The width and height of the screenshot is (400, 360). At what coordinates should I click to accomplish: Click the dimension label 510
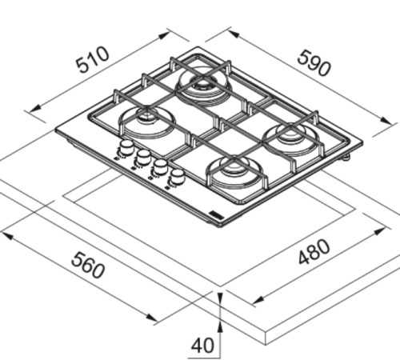92,60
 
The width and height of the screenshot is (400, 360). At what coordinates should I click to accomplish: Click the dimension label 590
314,63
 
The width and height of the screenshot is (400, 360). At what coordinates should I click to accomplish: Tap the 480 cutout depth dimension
314,252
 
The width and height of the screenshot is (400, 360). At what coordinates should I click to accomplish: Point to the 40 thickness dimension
202,346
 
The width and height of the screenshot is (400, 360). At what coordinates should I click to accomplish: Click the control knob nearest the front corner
177,174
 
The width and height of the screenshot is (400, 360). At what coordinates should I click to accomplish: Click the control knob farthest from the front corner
126,146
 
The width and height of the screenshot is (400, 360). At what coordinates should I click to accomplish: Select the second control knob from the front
160,165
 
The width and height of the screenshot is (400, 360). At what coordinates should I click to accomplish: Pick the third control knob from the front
143,155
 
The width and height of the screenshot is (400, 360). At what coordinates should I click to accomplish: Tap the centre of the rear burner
202,82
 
